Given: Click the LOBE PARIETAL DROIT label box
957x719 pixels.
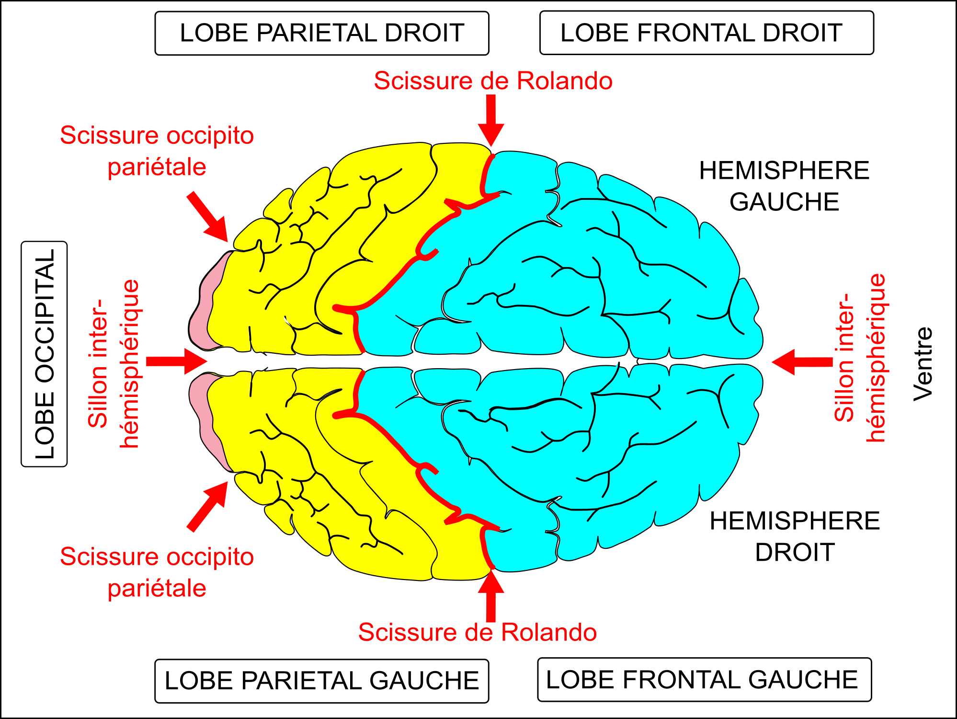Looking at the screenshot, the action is (x=322, y=33).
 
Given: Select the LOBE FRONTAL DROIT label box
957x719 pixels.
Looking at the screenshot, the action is (x=706, y=33).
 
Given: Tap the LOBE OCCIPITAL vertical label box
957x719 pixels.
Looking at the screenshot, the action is (x=44, y=354).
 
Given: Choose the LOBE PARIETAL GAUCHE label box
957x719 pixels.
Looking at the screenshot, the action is (x=322, y=681).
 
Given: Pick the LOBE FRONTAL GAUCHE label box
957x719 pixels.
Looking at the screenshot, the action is (x=705, y=679).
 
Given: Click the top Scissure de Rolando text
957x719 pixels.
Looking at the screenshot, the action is (x=493, y=81).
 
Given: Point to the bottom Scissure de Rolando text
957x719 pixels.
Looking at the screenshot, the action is (x=478, y=632).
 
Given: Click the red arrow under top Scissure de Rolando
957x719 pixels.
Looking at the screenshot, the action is (x=491, y=120).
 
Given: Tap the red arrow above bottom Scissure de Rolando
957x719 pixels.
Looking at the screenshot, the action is (x=491, y=595).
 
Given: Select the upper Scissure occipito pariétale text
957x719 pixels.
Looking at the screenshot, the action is (x=157, y=151).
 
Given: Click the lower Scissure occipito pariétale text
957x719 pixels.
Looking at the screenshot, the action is (x=157, y=572).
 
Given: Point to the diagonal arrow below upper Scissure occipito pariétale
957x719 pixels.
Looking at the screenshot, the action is (x=208, y=217).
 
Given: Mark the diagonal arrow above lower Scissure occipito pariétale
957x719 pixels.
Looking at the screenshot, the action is (x=208, y=507).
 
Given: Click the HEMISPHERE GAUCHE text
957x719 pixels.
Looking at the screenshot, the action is (x=784, y=186).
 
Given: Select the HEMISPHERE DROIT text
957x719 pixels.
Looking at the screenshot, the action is (x=795, y=536).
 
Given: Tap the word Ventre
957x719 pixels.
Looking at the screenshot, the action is (x=923, y=364).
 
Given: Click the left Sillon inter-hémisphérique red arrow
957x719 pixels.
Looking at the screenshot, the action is (x=176, y=361).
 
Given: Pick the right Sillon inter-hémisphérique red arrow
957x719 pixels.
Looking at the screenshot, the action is (x=802, y=362).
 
